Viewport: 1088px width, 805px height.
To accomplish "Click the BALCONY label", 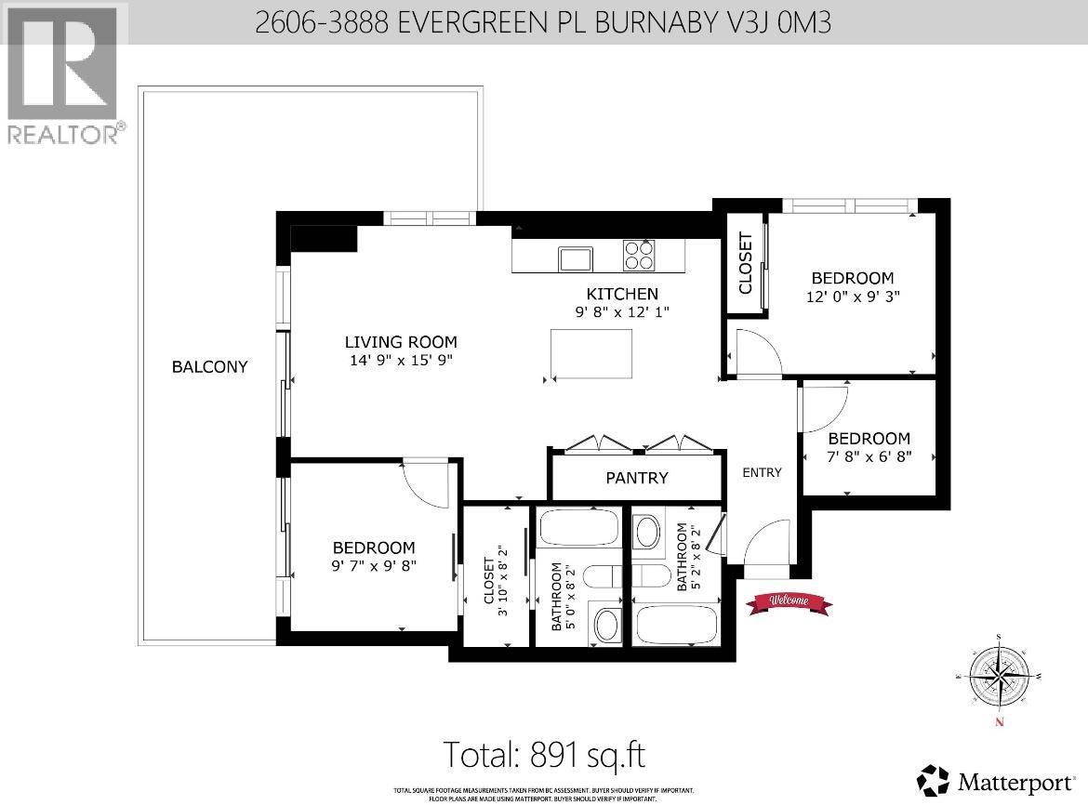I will coord(209,366).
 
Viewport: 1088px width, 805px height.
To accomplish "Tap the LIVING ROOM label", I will coord(401,341).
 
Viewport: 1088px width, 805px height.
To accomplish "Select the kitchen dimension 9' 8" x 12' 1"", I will coord(622,312).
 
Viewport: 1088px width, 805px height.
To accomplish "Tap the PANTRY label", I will coord(636,478).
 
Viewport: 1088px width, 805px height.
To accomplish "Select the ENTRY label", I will coord(762,472).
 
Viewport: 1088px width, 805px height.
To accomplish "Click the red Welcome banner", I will coord(789,601).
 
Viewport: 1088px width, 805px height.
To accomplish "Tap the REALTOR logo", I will coord(62,75).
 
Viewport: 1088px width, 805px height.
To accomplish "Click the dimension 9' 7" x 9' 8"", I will coord(375,566).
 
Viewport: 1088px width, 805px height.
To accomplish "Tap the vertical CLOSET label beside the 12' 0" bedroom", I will coord(746,262).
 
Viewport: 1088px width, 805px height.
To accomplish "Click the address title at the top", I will coord(543,21).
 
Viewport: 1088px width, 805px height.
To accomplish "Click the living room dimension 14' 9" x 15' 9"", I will coord(401,360).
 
